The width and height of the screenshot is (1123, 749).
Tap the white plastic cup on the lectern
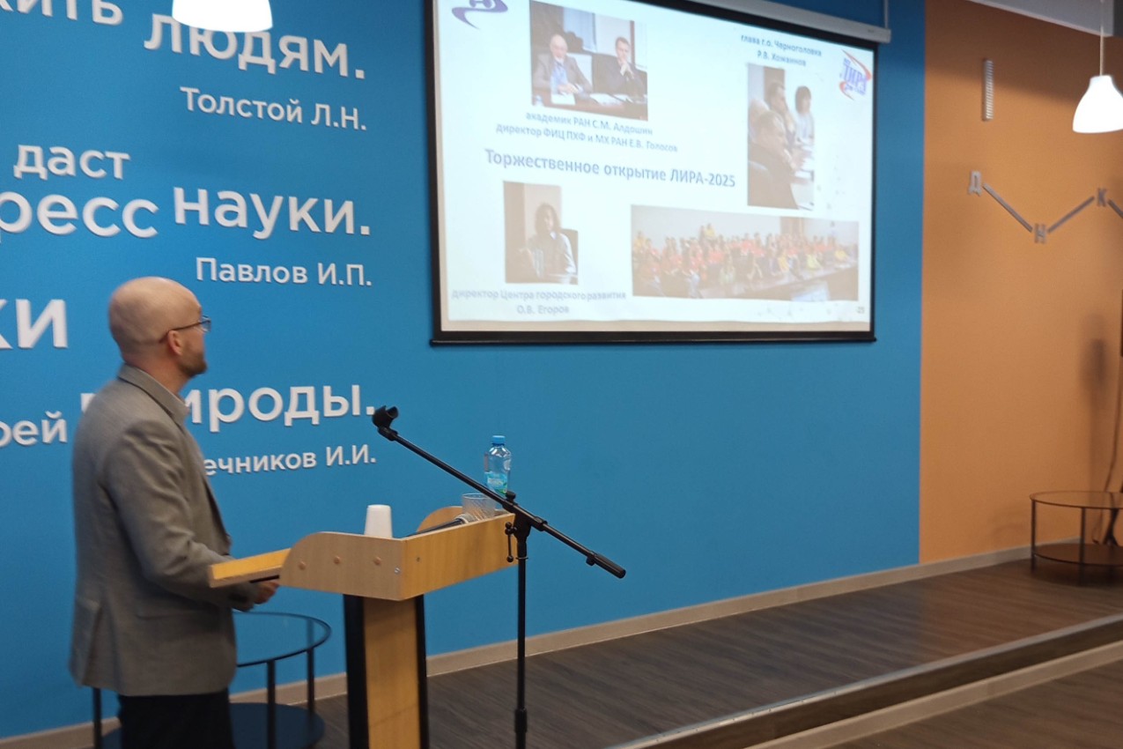pyautogui.click(x=378, y=521)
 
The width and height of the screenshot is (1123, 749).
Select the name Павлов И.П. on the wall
pyautogui.click(x=283, y=271)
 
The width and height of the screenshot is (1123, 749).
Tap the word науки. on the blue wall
pyautogui.click(x=271, y=211)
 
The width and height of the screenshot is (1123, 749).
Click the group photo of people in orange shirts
pyautogui.click(x=744, y=253)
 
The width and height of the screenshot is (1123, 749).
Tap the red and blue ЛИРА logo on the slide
pyautogui.click(x=853, y=76)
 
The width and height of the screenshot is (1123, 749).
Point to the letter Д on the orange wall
pyautogui.click(x=975, y=182)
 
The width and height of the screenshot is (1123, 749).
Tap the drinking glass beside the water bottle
pyautogui.click(x=475, y=506)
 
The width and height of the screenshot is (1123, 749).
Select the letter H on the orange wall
pyautogui.click(x=1040, y=234)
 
